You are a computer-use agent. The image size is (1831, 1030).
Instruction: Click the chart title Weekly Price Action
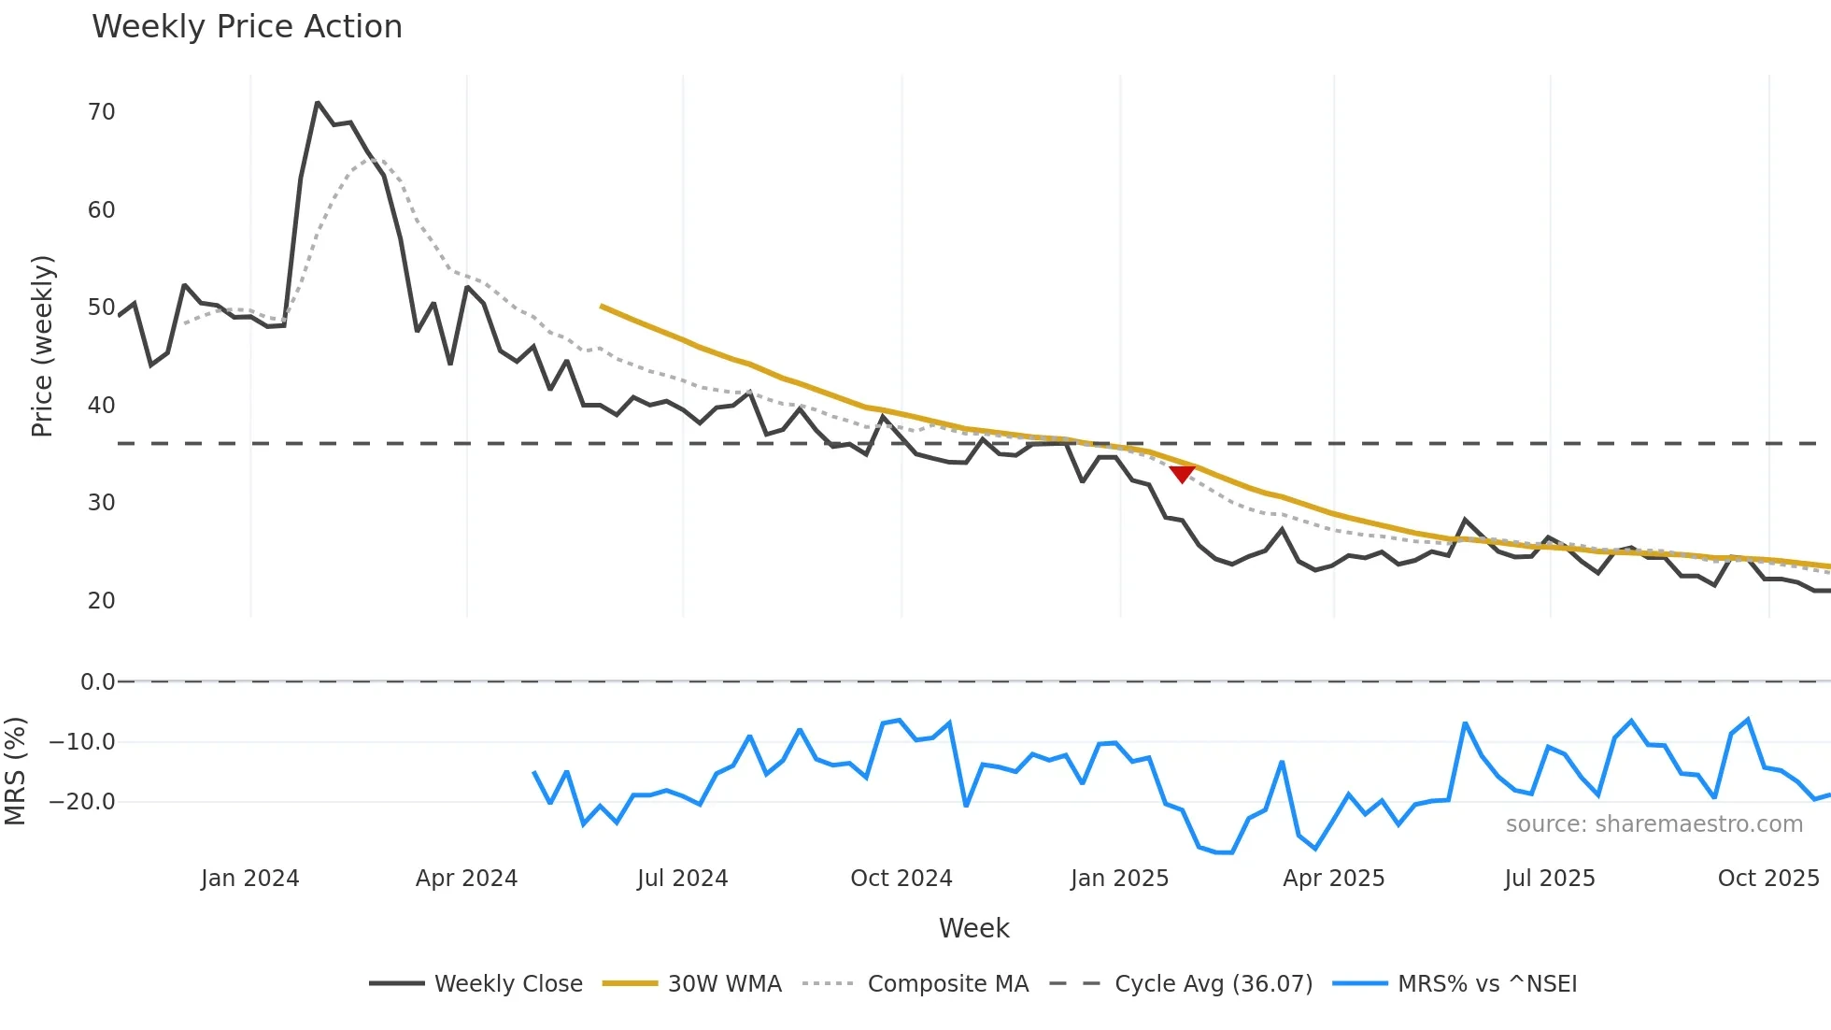247,27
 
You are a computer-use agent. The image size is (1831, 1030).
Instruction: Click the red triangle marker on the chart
1182,475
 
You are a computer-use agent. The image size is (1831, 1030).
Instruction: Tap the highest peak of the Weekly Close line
318,103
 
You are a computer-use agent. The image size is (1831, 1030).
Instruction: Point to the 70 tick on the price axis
101,112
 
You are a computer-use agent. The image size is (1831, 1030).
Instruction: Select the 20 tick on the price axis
101,601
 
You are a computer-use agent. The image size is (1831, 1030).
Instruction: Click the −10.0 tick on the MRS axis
82,742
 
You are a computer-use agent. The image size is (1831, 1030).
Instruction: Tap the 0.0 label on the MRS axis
97,682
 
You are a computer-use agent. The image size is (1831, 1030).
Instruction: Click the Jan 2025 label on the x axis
1119,879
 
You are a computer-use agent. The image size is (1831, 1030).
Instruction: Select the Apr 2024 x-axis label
466,879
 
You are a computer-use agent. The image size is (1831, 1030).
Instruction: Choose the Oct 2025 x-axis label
1768,879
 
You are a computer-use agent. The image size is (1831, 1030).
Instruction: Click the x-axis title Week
973,928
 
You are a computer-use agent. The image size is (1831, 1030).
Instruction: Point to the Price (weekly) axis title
42,346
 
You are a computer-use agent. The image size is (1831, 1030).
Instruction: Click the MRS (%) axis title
15,771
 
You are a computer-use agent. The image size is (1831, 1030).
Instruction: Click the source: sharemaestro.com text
1654,824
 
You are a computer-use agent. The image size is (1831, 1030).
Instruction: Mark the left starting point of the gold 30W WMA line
602,306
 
